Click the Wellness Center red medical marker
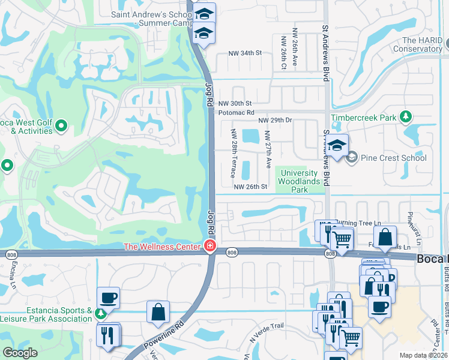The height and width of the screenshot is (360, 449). (x=209, y=247)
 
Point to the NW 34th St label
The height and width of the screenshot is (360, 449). (x=246, y=53)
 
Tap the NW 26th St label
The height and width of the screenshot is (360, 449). (x=250, y=187)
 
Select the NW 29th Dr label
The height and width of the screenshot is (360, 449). (x=275, y=121)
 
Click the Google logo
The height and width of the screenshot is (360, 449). (x=20, y=353)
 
